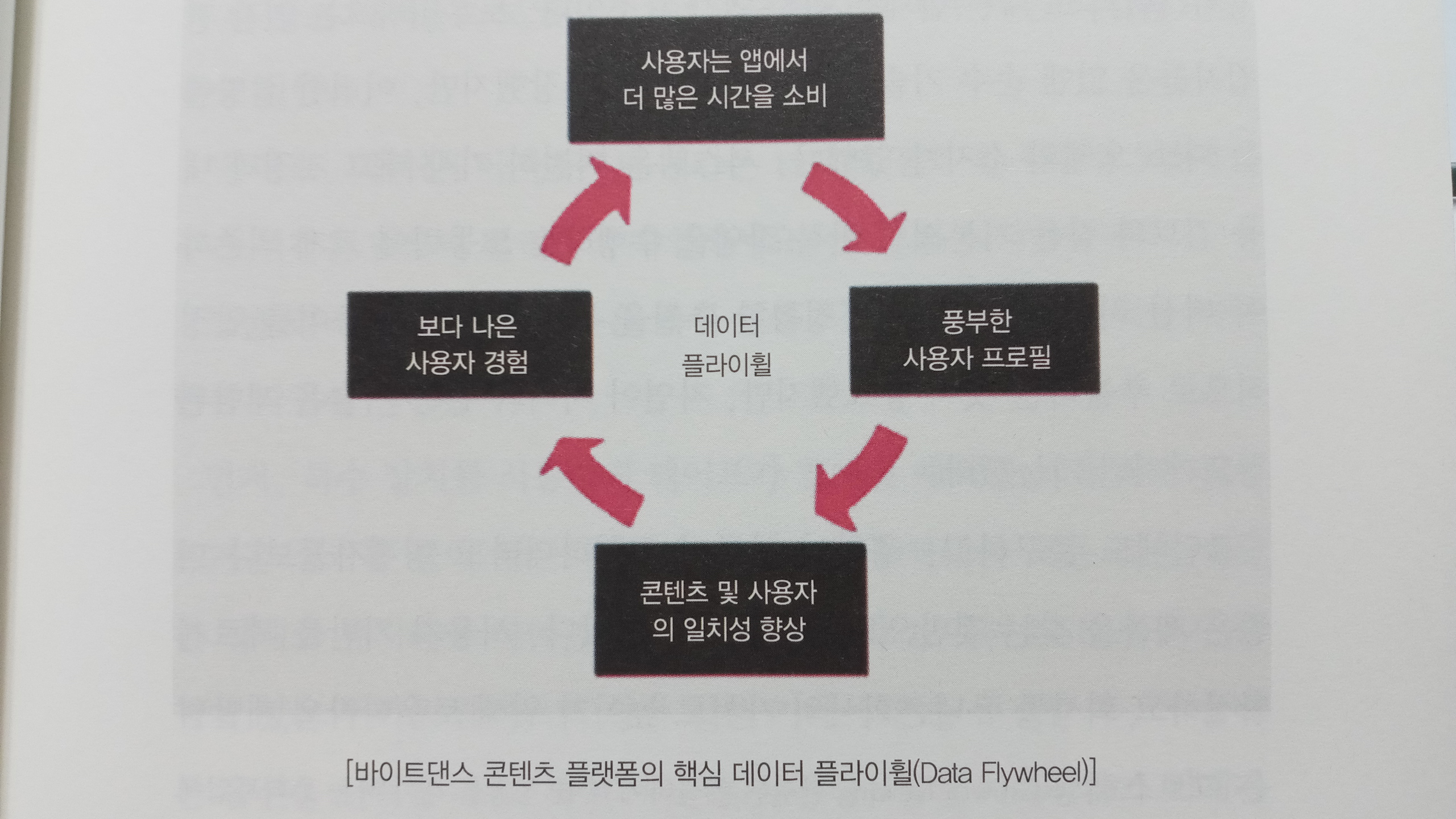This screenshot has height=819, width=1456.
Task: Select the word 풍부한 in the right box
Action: [976, 321]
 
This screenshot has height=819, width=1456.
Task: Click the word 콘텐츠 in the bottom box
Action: [674, 593]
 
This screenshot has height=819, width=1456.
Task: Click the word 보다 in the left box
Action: [438, 326]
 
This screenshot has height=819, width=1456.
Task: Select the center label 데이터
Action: [726, 326]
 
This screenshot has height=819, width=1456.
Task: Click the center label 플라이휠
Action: [726, 365]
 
